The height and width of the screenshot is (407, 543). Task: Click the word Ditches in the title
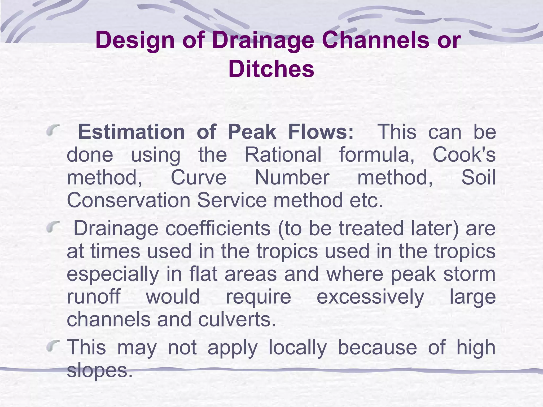(271, 69)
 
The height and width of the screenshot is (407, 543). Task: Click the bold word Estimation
(131, 132)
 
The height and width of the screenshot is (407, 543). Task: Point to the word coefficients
(218, 228)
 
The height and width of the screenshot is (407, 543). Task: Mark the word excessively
(370, 297)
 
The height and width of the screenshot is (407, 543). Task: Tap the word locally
(297, 348)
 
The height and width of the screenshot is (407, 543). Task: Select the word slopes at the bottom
(99, 370)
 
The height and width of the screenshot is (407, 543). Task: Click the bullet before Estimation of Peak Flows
(52, 131)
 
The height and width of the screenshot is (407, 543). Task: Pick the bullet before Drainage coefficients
(52, 227)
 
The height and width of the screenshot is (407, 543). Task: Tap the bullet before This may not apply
(52, 346)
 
